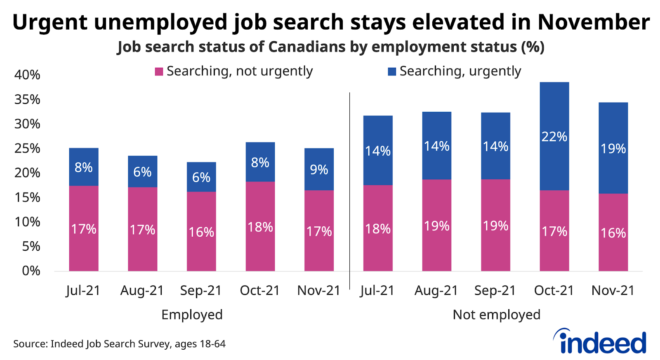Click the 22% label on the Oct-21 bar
click(554, 136)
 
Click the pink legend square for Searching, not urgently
click(159, 72)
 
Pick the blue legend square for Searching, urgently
click(392, 72)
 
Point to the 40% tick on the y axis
click(27, 75)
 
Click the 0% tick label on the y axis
click(31, 271)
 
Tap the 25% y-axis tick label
click(27, 148)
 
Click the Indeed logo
click(600, 341)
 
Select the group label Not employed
click(496, 315)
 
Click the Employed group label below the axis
click(192, 315)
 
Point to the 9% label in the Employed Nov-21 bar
click(319, 169)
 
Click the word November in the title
click(594, 22)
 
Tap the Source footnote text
click(119, 344)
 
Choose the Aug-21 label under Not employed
click(436, 291)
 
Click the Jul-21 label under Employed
click(83, 291)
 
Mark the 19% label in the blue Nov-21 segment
click(613, 148)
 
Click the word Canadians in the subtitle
click(307, 47)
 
